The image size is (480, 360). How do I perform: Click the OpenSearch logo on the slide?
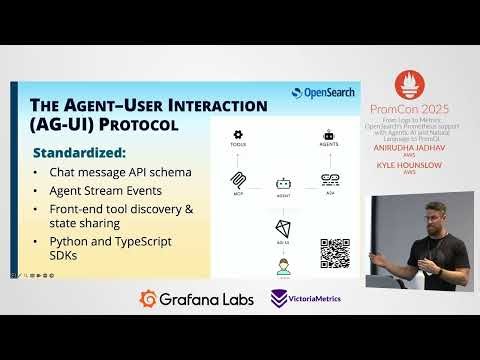point(323,93)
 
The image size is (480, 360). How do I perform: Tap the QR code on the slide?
point(335,253)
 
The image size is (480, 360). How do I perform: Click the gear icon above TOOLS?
point(238,134)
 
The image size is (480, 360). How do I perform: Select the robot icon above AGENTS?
point(329,134)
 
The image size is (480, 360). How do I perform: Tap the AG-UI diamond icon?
point(282,230)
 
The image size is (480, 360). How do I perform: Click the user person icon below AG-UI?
point(282,267)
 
